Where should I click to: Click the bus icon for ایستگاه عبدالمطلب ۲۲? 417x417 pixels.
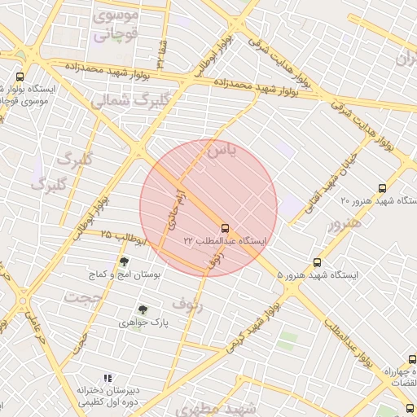[225, 228]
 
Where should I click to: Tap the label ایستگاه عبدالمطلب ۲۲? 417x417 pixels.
[225, 242]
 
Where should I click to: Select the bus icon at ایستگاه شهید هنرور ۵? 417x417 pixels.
[317, 263]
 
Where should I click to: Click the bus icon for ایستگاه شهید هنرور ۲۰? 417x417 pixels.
[406, 184]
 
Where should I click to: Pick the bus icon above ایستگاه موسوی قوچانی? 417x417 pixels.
[20, 77]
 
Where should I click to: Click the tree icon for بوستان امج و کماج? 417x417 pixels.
[124, 262]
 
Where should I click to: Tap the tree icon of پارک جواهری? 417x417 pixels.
[143, 309]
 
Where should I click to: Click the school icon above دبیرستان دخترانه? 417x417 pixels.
[107, 378]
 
